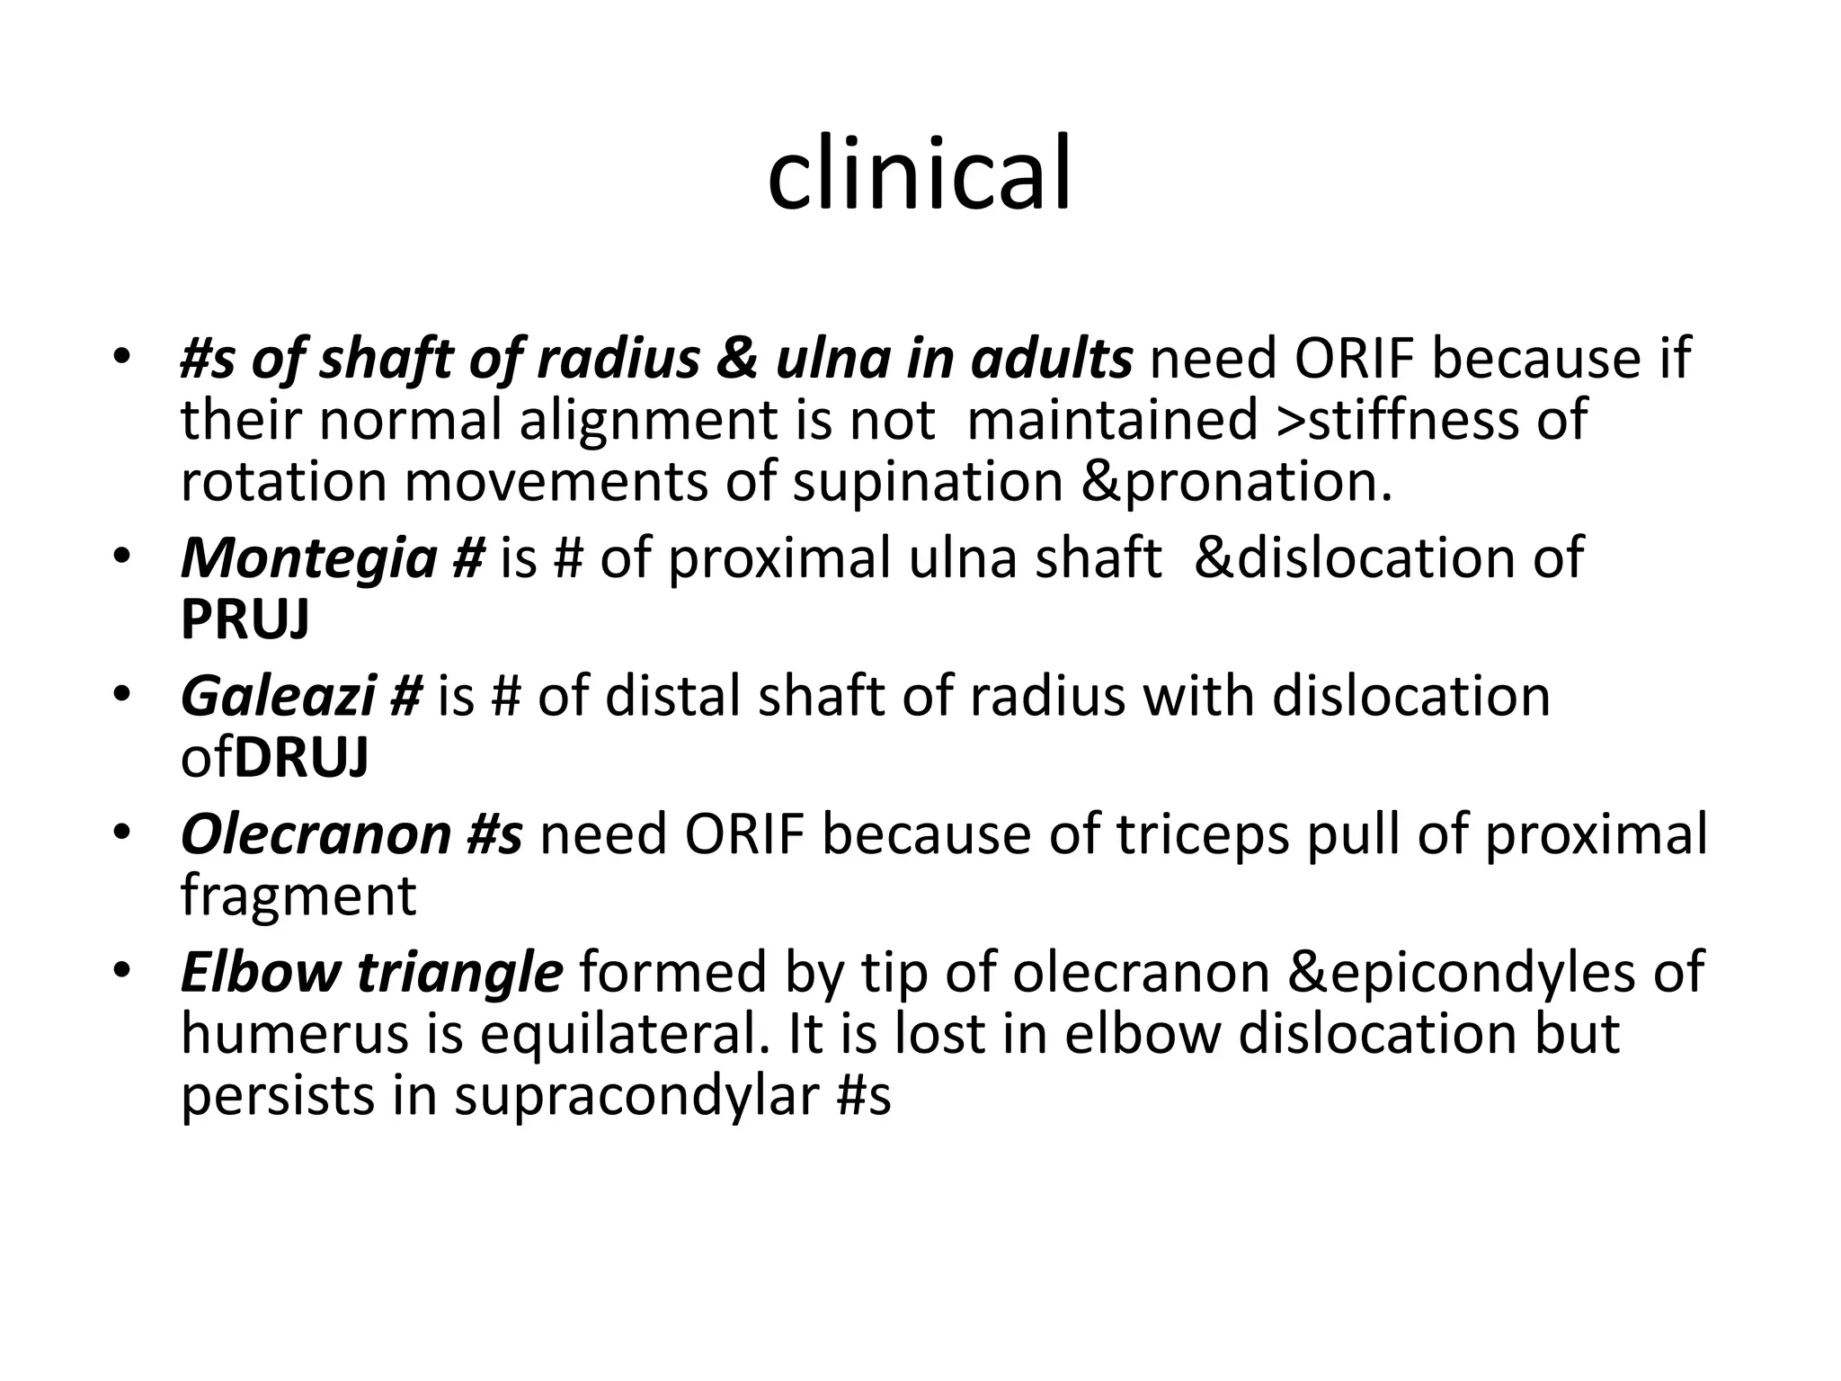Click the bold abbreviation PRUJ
245,619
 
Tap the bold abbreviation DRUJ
301,758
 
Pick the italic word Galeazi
277,697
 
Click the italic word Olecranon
315,834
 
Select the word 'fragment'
298,895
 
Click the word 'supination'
928,482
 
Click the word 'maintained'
1111,420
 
